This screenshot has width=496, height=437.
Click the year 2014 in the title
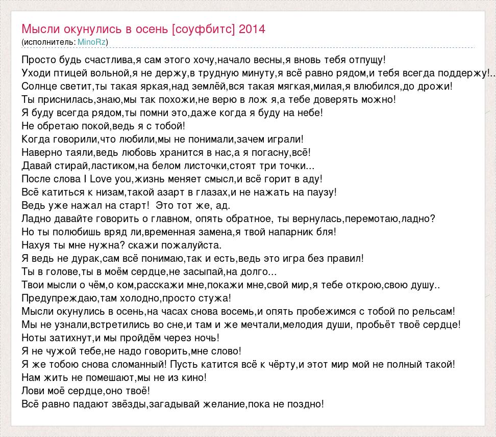[x=252, y=29]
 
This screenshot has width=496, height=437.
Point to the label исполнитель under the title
[x=49, y=41]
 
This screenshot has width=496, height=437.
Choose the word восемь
[x=236, y=311]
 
